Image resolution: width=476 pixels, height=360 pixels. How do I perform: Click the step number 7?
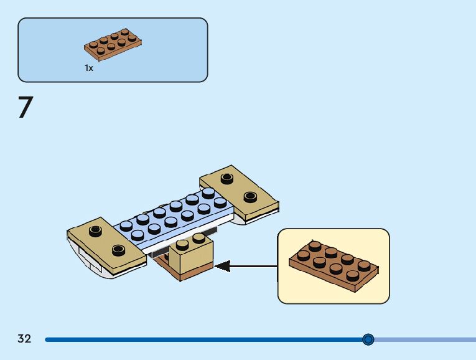pos(26,107)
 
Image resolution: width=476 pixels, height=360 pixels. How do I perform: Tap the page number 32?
pos(24,338)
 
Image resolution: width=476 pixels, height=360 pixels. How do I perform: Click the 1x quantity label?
pos(88,68)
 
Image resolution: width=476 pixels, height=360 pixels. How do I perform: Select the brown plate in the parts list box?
pos(113,44)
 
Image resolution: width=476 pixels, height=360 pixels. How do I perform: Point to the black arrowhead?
pos(222,266)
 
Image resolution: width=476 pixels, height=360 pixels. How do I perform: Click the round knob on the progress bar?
pos(368,339)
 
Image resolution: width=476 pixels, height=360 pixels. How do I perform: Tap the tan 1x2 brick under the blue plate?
pos(190,255)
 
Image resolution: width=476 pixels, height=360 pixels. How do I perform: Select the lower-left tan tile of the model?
pos(106,245)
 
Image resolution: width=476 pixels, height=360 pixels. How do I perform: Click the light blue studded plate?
pos(173,219)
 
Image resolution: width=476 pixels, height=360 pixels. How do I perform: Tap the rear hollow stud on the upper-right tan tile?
pos(226,178)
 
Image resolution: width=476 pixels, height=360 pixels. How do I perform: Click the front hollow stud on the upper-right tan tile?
pos(250,197)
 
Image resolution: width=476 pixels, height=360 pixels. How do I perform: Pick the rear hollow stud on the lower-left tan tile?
pos(95,231)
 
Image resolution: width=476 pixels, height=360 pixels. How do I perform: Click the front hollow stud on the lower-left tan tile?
pos(118,250)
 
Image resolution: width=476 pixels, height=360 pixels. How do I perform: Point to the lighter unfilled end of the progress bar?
pos(425,339)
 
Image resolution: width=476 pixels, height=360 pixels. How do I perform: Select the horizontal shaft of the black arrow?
pos(253,267)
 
